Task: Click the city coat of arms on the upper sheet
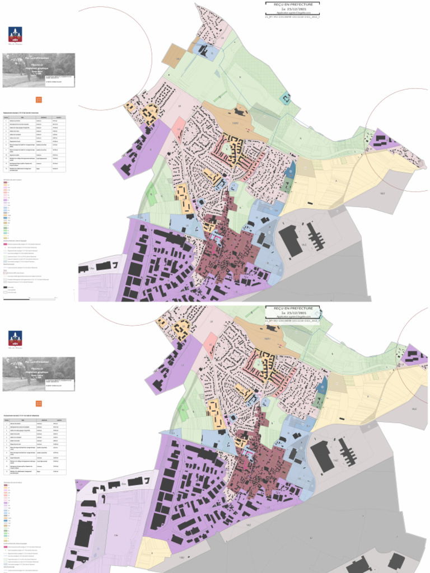[x=15, y=35]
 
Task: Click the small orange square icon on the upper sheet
[x=39, y=100]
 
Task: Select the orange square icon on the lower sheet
[x=39, y=403]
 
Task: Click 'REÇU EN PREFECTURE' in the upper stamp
[x=292, y=4]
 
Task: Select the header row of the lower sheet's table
[x=35, y=420]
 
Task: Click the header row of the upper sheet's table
[x=35, y=117]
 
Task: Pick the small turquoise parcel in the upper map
[x=286, y=98]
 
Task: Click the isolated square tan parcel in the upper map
[x=172, y=56]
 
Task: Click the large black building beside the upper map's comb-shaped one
[x=291, y=239]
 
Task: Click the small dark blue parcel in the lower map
[x=322, y=386]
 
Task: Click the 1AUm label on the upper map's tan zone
[x=235, y=122]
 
